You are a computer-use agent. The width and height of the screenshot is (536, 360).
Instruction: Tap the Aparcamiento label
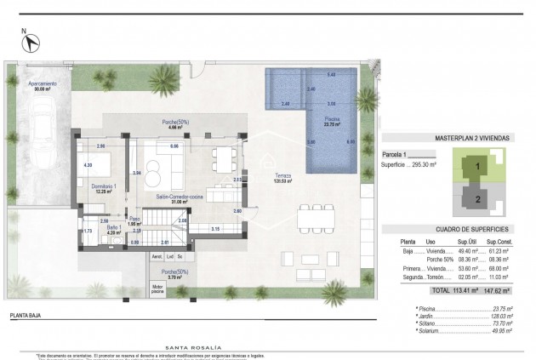click(42, 83)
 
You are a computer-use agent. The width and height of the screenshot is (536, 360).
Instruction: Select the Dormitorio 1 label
click(104, 186)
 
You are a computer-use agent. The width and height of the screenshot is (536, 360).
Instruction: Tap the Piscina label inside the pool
click(331, 119)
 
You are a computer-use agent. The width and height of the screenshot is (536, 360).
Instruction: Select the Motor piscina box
click(157, 289)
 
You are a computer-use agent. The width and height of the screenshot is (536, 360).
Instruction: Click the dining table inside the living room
click(224, 157)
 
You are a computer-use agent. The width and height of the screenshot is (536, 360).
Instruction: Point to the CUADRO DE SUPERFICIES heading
click(459, 230)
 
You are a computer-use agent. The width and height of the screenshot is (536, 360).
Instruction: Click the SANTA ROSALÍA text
click(193, 347)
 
